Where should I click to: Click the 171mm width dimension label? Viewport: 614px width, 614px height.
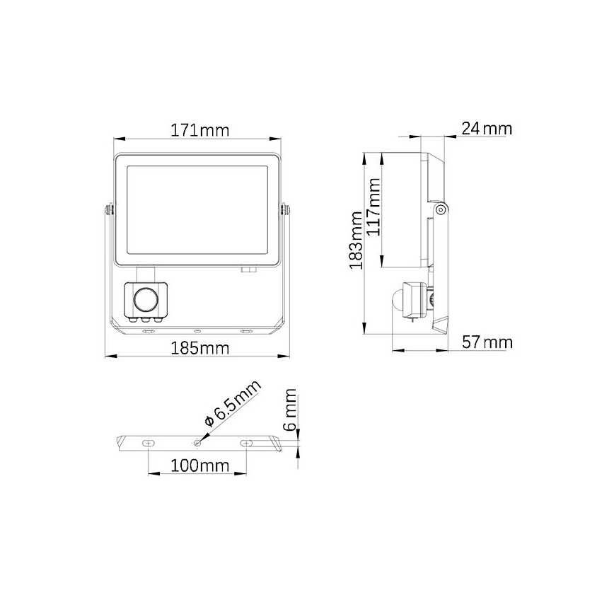[x=200, y=130]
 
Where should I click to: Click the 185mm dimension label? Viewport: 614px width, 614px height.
[x=200, y=348]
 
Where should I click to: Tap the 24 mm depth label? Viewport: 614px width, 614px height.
[x=486, y=129]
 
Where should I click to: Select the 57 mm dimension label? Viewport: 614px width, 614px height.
[x=487, y=343]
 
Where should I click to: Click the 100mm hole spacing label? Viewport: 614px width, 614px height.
[x=198, y=465]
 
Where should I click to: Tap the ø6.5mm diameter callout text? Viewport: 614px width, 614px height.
[x=233, y=402]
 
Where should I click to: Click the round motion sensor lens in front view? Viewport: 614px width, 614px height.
[x=146, y=299]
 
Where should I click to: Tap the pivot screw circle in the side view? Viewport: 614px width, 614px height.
[x=441, y=209]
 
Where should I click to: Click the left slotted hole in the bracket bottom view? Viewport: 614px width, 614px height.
[x=147, y=443]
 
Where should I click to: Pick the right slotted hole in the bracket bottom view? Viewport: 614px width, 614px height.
[x=246, y=443]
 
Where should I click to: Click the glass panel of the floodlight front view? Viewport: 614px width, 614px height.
[x=198, y=212]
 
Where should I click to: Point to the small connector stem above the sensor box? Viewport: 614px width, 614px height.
[x=146, y=274]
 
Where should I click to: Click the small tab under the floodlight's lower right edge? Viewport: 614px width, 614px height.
[x=248, y=269]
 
